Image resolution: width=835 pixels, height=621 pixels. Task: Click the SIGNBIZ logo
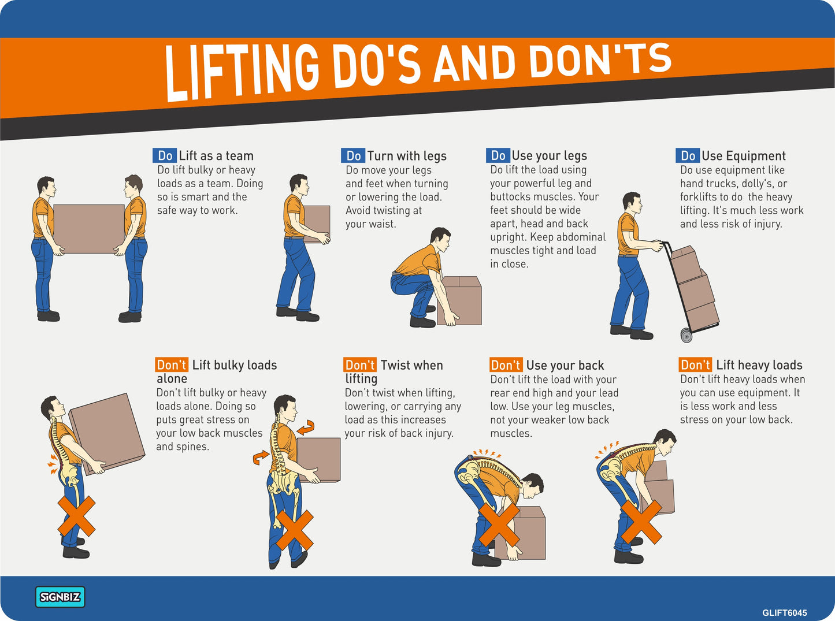point(60,597)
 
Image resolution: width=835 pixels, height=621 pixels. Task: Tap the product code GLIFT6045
point(785,613)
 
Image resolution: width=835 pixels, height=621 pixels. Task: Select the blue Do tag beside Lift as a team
point(165,155)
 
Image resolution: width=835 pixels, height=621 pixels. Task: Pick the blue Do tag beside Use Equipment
point(688,155)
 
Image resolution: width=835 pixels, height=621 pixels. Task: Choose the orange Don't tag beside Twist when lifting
point(359,365)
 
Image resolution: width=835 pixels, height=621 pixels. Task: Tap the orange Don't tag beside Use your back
point(506,365)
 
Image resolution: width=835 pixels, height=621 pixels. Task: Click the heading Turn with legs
point(407,156)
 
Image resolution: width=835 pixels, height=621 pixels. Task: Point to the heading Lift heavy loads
point(759,365)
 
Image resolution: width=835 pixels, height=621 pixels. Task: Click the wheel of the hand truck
point(686,335)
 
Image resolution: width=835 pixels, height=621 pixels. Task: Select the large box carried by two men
point(89,229)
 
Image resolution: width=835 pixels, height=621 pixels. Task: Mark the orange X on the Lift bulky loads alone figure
point(76,516)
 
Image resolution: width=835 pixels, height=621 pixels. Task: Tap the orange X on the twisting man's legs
point(294,530)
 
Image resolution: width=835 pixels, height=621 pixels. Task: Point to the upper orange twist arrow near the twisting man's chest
point(306,427)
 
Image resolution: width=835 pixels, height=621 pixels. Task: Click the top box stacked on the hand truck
point(685,264)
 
